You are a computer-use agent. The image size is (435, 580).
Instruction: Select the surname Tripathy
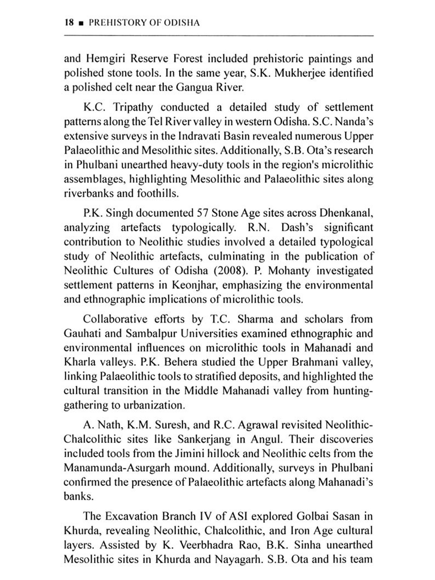[133, 107]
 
